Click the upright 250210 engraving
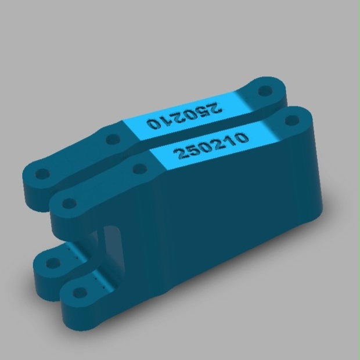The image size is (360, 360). [x=211, y=145]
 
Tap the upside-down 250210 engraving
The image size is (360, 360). [x=185, y=116]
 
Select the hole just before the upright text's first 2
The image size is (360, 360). [x=140, y=169]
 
